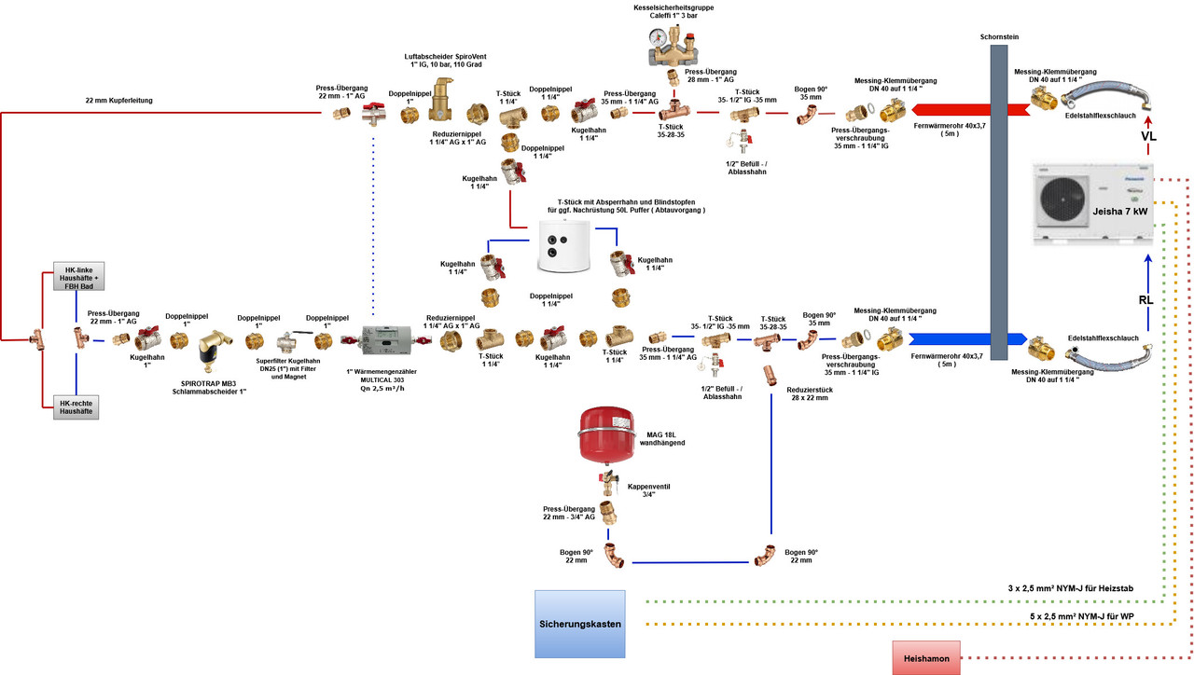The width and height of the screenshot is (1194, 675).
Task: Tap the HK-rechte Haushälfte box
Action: [x=76, y=406]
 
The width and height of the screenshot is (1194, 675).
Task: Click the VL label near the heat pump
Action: [x=1148, y=135]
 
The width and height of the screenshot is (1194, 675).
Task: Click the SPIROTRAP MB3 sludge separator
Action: [x=215, y=343]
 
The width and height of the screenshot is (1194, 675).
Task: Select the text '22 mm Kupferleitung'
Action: [x=120, y=101]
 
